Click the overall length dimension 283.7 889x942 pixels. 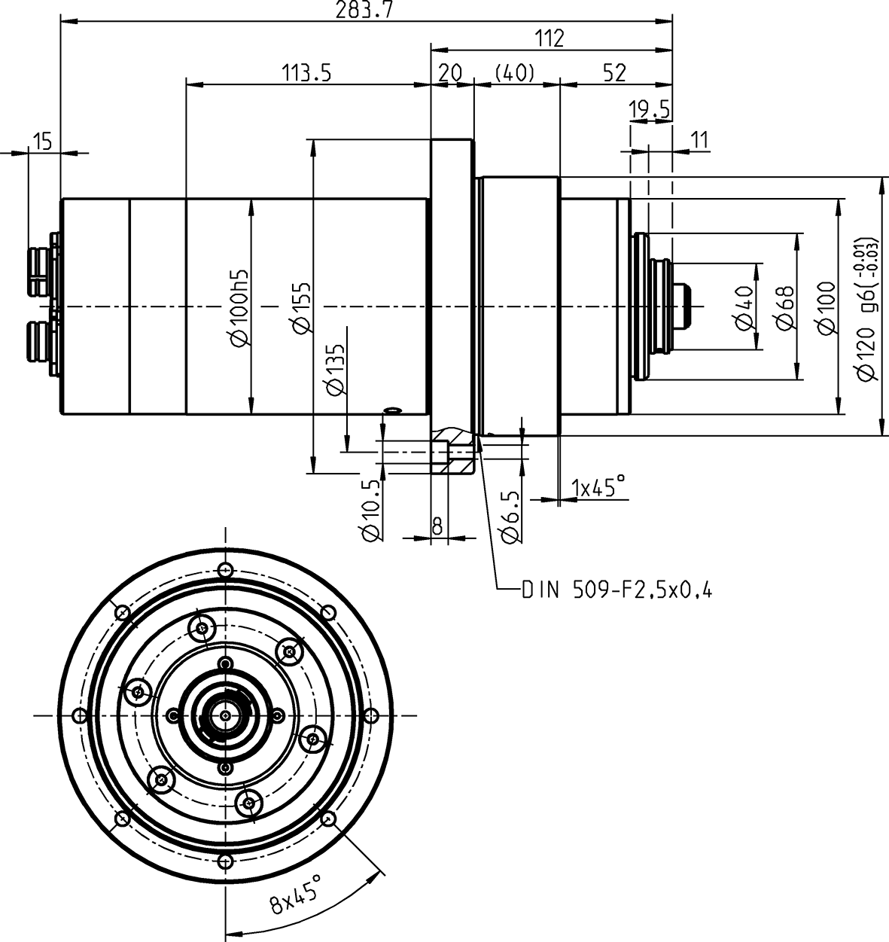click(x=365, y=10)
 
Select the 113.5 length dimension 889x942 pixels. click(x=307, y=72)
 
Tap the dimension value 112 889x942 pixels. click(x=551, y=38)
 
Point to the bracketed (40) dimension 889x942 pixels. click(x=515, y=72)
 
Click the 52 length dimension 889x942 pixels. click(x=615, y=72)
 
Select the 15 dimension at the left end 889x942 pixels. click(x=43, y=141)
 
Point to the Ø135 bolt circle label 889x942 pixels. click(x=336, y=370)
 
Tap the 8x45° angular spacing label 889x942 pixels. click(x=295, y=893)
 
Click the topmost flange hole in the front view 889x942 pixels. click(x=225, y=569)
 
